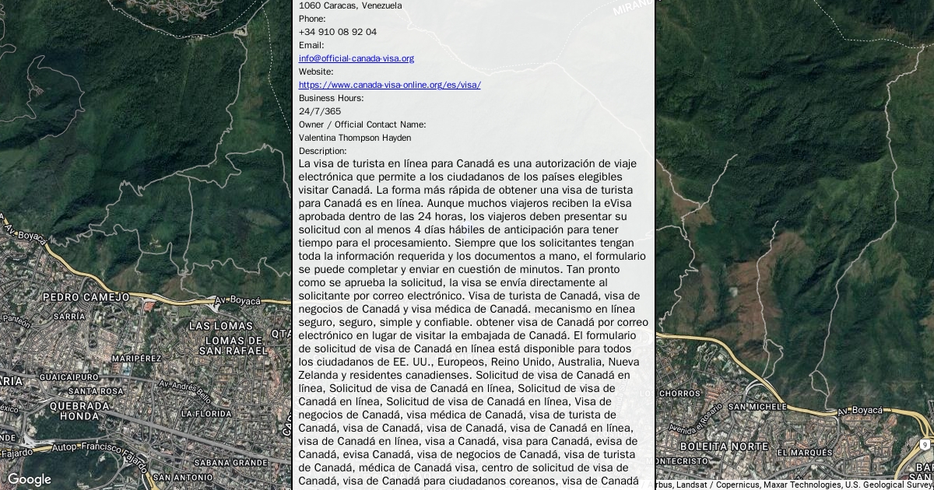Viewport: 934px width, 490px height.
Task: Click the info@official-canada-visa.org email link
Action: coord(356,58)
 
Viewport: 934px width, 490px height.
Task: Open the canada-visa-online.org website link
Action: coord(389,85)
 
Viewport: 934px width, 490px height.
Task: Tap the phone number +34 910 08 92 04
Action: coord(337,32)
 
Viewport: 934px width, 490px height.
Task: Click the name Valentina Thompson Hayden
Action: coord(355,138)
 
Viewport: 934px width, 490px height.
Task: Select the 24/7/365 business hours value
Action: coord(319,111)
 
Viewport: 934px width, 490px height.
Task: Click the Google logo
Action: coord(29,479)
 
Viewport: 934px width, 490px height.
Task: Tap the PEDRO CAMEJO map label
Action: coord(86,297)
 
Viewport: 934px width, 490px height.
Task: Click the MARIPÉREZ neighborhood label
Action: coord(135,359)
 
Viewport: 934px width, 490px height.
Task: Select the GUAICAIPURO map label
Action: coord(68,376)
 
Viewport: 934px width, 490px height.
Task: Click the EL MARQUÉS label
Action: coord(805,452)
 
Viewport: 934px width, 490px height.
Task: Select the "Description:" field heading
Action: coord(322,151)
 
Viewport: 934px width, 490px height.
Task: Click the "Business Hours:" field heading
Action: coord(331,98)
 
